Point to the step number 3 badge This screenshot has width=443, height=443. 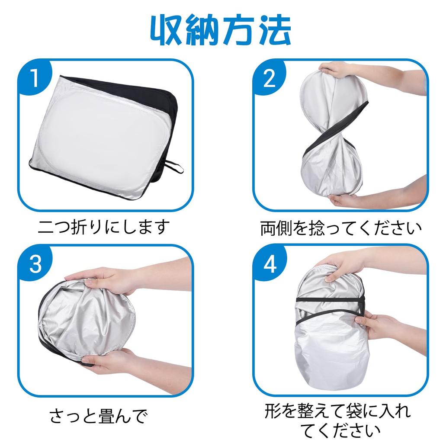click(x=35, y=263)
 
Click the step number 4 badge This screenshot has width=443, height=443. click(x=269, y=263)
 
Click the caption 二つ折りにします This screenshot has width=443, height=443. click(x=104, y=227)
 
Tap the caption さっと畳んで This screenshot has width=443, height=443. click(x=99, y=417)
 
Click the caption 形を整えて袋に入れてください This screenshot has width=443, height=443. click(x=337, y=421)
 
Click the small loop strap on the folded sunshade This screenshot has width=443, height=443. click(x=174, y=167)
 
